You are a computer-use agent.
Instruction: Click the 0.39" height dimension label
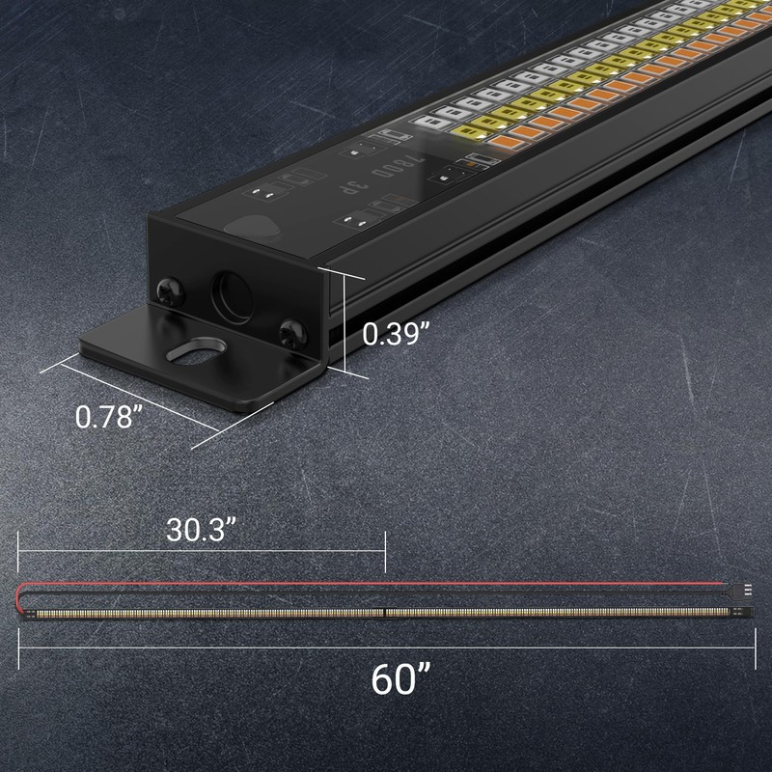point(396,333)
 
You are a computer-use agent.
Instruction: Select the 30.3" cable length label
point(202,530)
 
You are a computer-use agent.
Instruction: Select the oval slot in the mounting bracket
point(197,352)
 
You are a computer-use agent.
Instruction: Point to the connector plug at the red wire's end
point(745,585)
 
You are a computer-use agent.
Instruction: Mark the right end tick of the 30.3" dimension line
point(385,550)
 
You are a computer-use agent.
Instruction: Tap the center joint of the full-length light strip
point(386,612)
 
